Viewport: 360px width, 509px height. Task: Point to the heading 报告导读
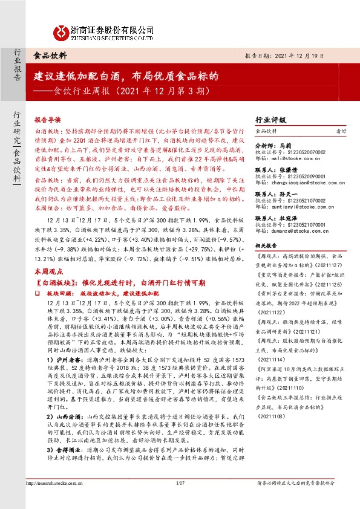pyautogui.click(x=48, y=120)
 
